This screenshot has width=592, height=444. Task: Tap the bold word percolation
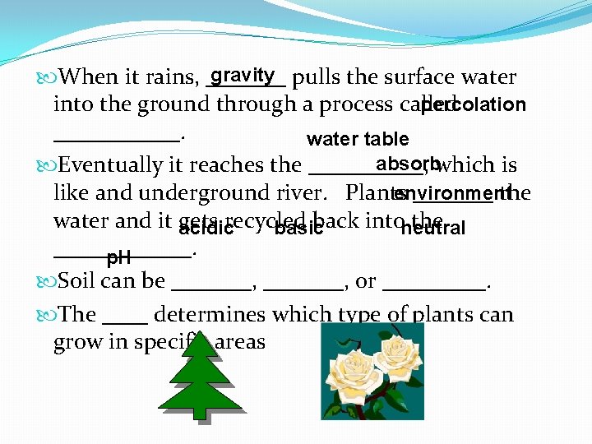[473, 105]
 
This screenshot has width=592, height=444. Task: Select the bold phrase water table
[358, 139]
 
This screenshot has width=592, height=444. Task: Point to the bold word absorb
[407, 163]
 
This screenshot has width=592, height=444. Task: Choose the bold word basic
[298, 228]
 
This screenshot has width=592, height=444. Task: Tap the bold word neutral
[432, 228]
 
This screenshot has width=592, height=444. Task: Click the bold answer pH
[119, 258]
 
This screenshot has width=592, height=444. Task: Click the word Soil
[80, 280]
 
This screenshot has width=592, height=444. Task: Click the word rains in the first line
[169, 78]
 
